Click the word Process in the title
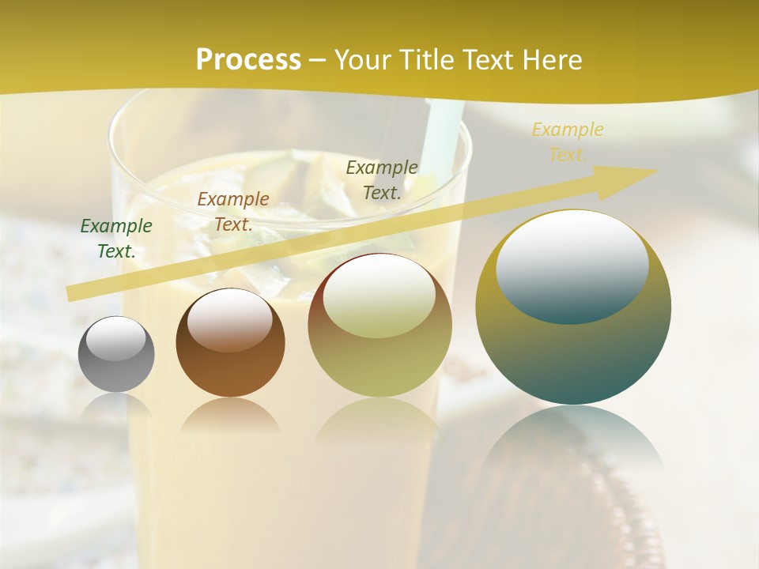pos(248,60)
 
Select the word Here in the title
pos(551,60)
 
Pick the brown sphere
pos(230,364)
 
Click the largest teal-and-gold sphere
pos(573,348)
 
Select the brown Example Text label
pos(233,212)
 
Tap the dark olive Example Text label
pos(382,180)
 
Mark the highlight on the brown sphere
pos(230,319)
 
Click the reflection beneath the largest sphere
pos(573,443)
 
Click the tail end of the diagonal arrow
pos(73,293)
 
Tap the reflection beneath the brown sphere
pos(230,416)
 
